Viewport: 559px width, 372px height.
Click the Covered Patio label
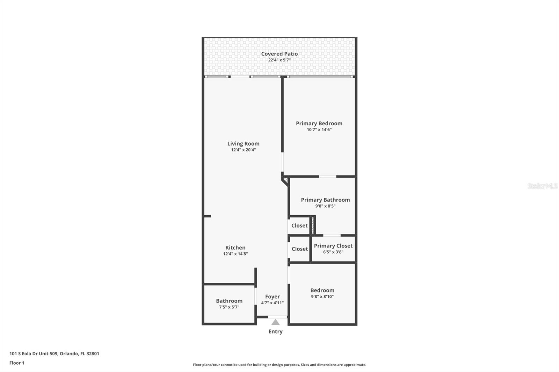[279, 54]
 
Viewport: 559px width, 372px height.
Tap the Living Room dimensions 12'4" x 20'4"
[243, 150]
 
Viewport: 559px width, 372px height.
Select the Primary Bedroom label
[319, 124]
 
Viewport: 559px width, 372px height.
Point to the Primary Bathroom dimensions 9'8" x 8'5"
[325, 206]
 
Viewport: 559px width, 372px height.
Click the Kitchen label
[235, 247]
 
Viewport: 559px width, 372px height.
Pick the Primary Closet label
[333, 246]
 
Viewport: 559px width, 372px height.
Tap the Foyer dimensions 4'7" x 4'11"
[272, 303]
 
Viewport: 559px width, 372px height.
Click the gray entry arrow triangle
[275, 322]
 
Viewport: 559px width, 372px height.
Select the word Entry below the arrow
[276, 332]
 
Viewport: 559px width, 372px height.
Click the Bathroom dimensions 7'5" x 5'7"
[229, 307]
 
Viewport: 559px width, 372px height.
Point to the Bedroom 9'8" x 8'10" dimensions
[322, 297]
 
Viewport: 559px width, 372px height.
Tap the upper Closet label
[299, 226]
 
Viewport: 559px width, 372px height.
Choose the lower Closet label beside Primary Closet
[300, 249]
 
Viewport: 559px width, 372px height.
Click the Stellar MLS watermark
[542, 186]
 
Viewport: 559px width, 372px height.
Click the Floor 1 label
[17, 363]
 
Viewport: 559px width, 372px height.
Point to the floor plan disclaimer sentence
[279, 365]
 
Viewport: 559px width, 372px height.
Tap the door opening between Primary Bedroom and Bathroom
[327, 177]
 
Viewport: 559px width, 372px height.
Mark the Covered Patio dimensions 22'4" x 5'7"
[279, 60]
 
